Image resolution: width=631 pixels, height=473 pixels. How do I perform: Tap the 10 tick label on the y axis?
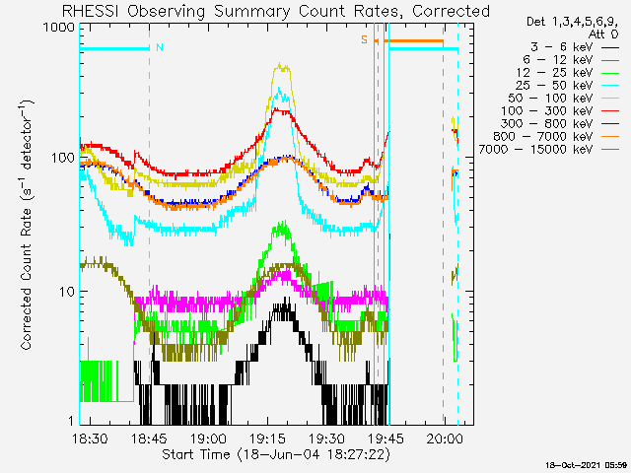pos(65,292)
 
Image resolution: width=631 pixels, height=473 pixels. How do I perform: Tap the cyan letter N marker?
pos(160,46)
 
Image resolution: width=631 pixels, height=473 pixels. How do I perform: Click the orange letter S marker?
pos(364,40)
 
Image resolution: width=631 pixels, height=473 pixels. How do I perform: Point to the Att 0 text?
pos(603,33)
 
